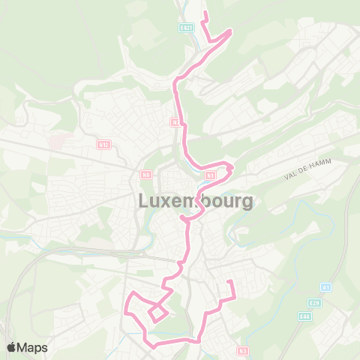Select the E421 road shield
coord(187,28)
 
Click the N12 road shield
coord(103,144)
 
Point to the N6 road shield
coord(146,175)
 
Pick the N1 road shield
coord(211,175)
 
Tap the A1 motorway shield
coord(325,287)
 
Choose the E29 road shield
coord(314,303)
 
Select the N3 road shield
coord(242,350)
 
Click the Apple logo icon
coord(13,347)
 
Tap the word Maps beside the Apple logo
coord(33,347)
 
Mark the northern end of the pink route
coord(205,13)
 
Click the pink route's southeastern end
coord(229,282)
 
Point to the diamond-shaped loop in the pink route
coord(157,313)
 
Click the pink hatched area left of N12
coord(60,140)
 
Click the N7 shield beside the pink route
coord(175,121)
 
